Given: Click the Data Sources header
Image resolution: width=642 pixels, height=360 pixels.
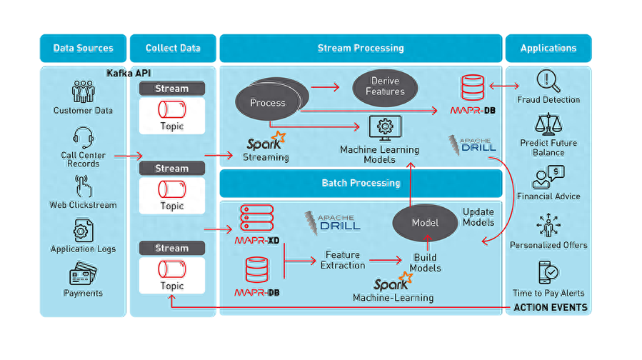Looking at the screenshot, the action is [83, 48].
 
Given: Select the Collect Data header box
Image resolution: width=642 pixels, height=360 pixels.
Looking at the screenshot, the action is [173, 48].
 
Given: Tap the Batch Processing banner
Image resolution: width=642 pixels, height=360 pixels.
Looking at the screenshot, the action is [361, 183].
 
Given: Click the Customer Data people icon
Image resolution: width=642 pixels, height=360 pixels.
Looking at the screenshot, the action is [83, 91].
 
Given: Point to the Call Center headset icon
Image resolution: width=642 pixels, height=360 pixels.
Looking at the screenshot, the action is [83, 138].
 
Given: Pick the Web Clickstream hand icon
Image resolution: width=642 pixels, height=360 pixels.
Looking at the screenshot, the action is [83, 186].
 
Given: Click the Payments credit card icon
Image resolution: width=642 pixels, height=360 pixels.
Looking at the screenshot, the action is [83, 273].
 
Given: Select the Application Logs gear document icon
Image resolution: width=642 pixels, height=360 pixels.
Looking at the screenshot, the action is [83, 231].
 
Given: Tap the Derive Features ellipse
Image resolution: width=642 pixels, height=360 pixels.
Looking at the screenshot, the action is [386, 87].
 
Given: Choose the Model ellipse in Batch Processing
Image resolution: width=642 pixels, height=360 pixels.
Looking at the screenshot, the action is [425, 223].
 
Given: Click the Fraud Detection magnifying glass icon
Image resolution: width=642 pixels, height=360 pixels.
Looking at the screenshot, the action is [548, 81].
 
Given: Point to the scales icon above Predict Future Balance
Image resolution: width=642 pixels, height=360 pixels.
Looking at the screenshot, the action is [548, 124].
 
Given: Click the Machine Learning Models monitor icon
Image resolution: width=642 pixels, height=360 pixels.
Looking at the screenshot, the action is [385, 128].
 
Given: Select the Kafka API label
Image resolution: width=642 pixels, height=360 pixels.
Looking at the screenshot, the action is [129, 74].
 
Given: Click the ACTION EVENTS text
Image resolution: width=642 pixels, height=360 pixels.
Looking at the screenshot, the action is [551, 308].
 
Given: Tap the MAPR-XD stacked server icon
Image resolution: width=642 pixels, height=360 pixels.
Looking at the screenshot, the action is [256, 218].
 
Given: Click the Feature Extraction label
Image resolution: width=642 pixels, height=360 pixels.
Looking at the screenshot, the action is [343, 260].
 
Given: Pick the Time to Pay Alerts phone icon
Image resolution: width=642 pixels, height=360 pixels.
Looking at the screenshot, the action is [548, 272].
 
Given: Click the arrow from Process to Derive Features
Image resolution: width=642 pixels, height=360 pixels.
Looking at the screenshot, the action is [325, 87].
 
